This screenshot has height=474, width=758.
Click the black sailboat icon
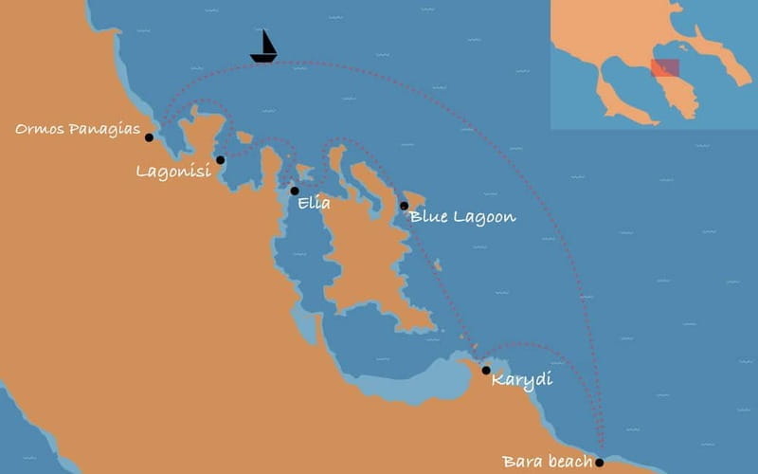264,48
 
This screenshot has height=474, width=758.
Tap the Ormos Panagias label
78,128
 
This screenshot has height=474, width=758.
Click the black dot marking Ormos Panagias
149,137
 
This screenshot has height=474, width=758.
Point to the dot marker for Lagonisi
221,160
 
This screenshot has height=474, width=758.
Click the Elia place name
314,203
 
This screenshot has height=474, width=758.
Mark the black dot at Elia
295,191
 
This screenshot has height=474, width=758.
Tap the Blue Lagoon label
463,217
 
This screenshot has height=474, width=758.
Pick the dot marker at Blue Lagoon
404,206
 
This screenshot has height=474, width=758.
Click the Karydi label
522,381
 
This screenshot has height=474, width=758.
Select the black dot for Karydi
486,371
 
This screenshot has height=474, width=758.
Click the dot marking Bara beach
599,463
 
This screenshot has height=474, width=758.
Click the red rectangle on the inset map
665,68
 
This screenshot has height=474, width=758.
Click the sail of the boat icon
266,43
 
